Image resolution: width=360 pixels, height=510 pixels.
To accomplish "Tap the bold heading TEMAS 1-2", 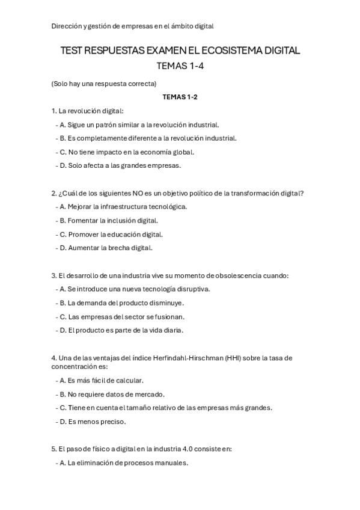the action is point(180,97).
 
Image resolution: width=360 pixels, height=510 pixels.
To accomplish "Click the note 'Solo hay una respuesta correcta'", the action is point(104,84).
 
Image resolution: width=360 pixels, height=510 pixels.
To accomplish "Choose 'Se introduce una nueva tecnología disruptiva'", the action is point(135,289).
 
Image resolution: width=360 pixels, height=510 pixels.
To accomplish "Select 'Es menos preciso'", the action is point(93,422).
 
